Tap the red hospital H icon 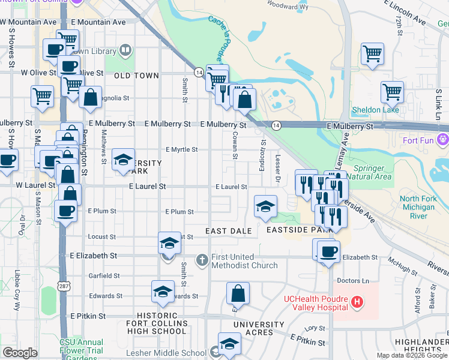[x=357, y=302]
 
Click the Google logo [x=20, y=353]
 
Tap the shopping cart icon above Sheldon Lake [x=392, y=92]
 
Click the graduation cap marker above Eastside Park [x=265, y=206]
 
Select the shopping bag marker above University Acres [x=238, y=293]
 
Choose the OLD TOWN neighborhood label [x=136, y=76]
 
